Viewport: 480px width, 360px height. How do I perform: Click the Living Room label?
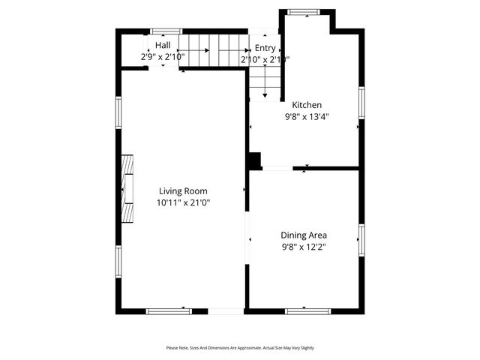[183, 190]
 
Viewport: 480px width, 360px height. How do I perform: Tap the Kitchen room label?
[307, 105]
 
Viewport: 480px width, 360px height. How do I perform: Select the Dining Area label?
[304, 235]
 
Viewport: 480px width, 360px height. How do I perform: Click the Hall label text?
[163, 45]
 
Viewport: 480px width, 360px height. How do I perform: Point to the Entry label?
[265, 48]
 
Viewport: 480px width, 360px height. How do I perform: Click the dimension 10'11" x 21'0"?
[183, 202]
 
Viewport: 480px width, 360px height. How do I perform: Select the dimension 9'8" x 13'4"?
[307, 117]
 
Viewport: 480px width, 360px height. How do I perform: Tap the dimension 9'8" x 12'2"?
[304, 247]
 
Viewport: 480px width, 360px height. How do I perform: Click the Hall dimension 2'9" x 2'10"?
[163, 56]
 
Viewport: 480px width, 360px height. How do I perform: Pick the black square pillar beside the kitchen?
[255, 160]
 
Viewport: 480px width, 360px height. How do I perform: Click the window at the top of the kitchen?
[304, 11]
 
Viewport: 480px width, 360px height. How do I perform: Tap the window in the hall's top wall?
[161, 31]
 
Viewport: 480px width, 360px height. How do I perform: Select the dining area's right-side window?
[361, 239]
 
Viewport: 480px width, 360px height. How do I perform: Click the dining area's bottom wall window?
[307, 310]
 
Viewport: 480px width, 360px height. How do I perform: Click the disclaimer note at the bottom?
[240, 348]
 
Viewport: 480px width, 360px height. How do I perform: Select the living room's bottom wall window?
[168, 310]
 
